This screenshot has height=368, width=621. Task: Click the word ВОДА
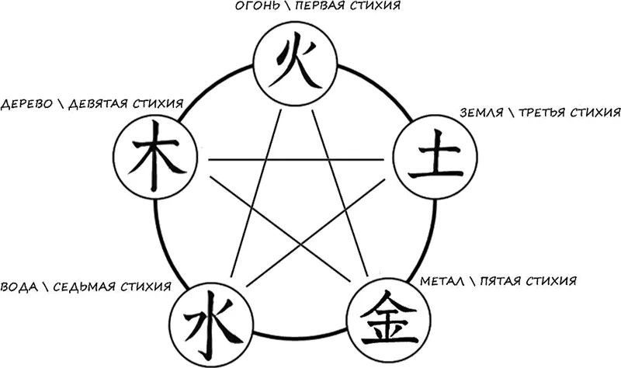click(18, 286)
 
